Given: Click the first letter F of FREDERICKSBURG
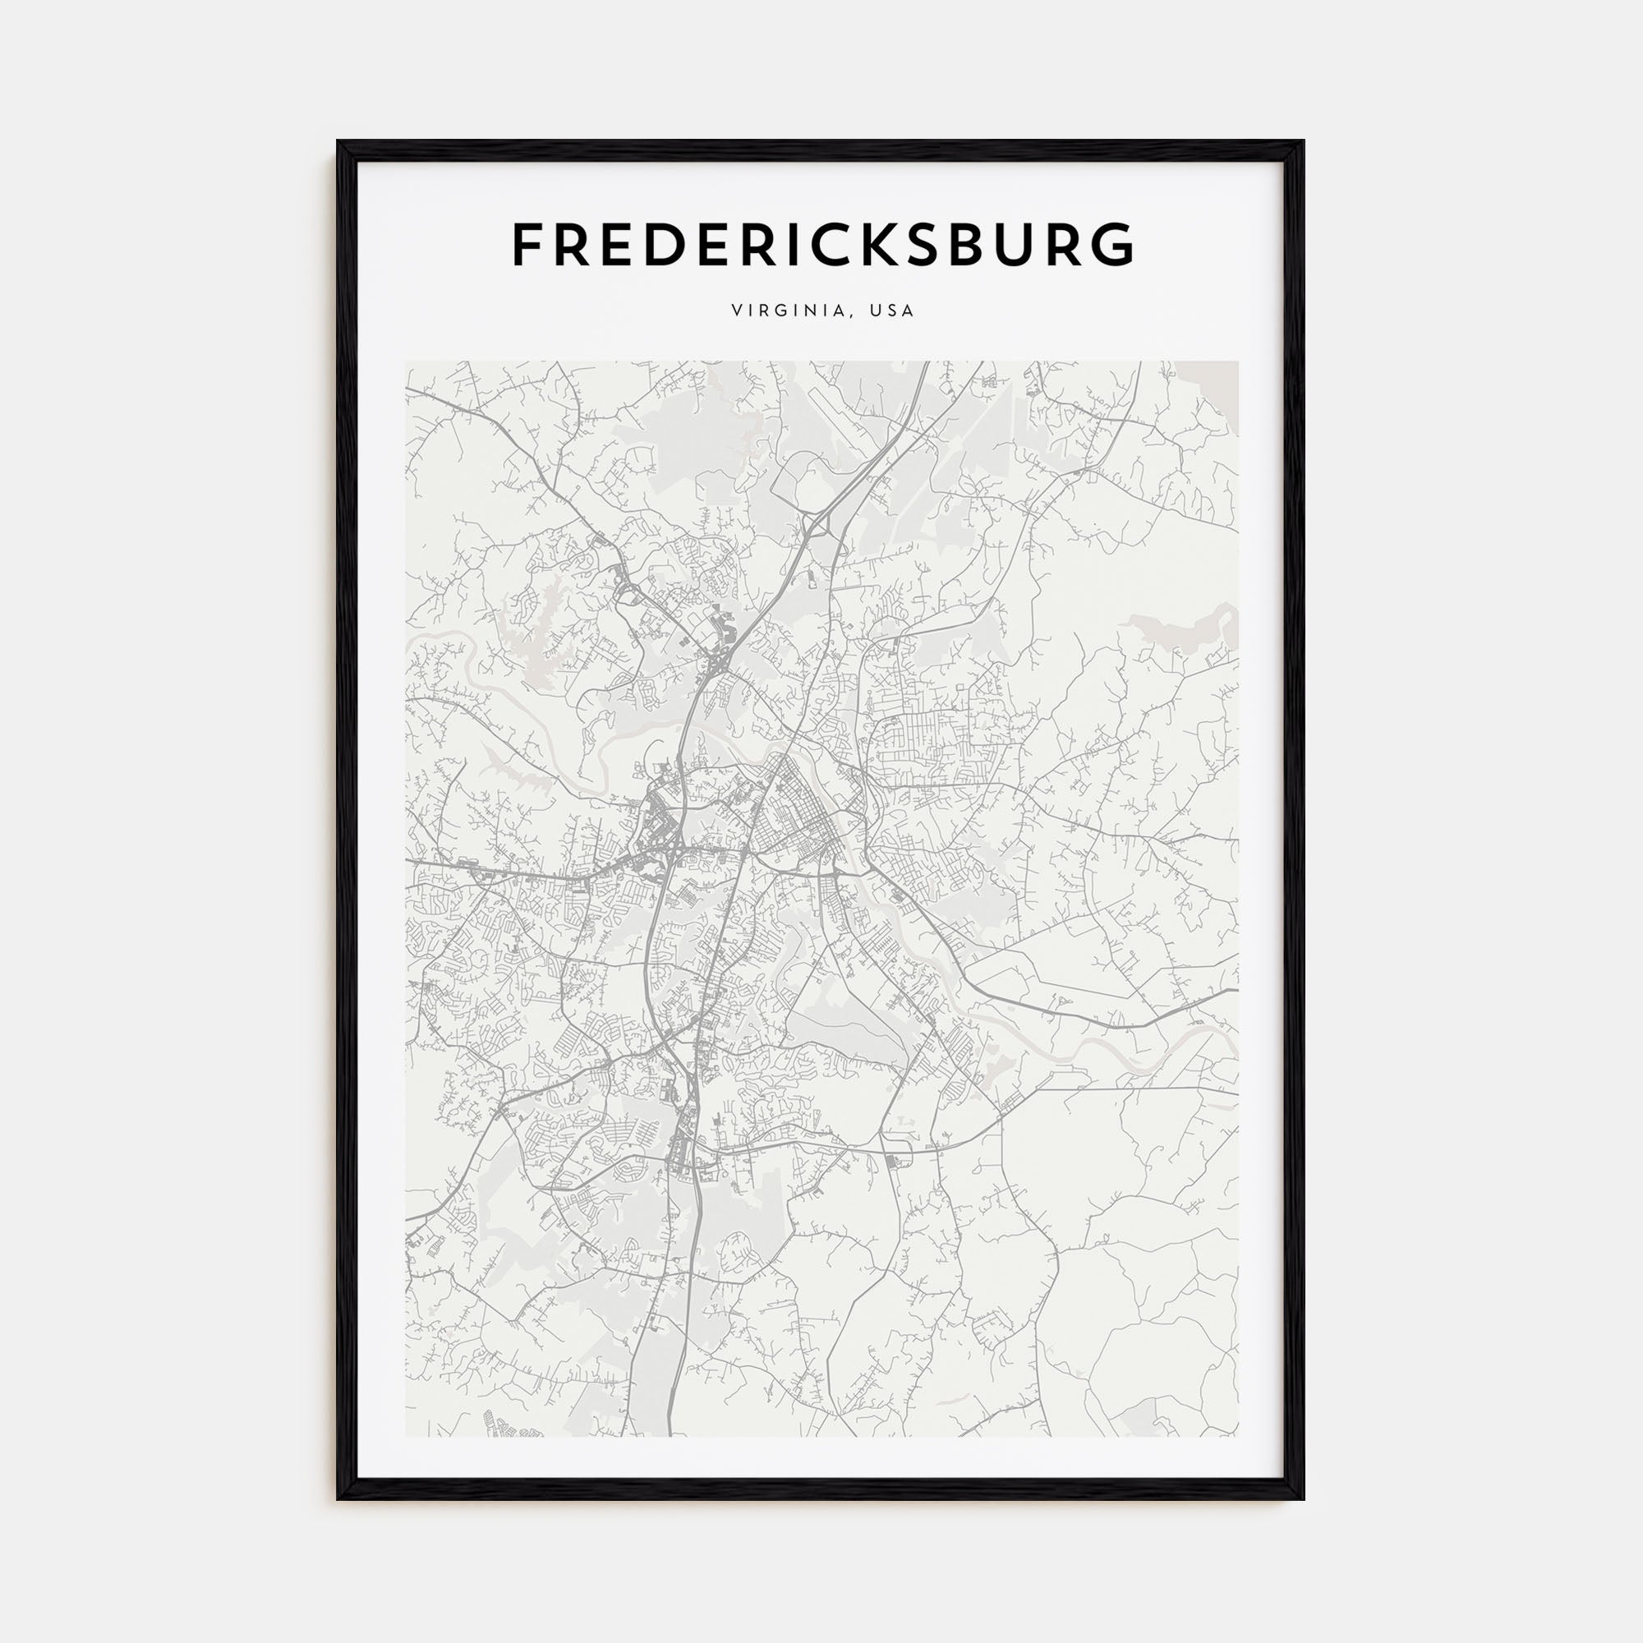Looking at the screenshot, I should tap(528, 244).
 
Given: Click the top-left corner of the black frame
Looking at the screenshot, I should tap(338, 142).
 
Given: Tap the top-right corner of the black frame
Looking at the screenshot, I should tap(1303, 142).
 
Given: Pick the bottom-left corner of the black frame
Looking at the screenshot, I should tap(338, 1498).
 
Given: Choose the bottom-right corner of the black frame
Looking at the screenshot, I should tap(1303, 1498).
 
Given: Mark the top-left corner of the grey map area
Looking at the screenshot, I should tap(406, 361).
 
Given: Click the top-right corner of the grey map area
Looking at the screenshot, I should tap(1238, 361).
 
